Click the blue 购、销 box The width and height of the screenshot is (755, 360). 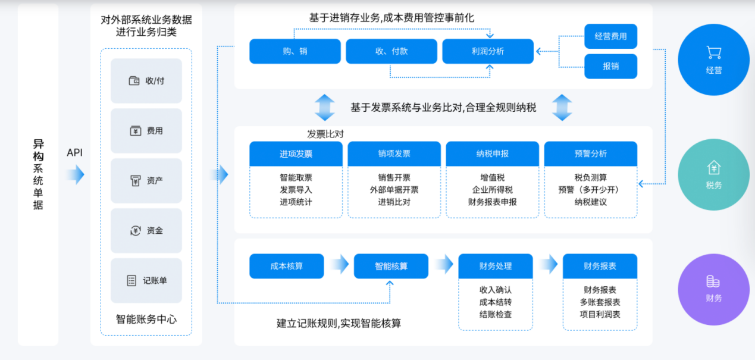coord(295,51)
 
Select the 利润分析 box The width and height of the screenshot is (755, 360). coord(488,51)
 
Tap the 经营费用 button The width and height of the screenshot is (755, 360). coord(611,36)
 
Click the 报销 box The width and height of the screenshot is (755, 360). coord(611,66)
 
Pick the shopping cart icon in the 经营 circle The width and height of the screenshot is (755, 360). coord(714,52)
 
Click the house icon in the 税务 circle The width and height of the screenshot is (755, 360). coord(714,168)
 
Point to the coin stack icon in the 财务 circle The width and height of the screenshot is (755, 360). coord(713,281)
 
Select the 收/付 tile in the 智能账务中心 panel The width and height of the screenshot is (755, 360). coord(146,80)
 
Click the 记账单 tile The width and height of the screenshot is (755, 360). coord(146,280)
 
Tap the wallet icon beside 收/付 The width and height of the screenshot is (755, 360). coord(134,80)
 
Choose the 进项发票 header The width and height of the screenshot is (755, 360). coord(296,154)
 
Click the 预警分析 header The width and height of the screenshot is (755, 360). coord(591,154)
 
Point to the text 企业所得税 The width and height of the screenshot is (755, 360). coord(493,190)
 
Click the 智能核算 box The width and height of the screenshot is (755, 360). coord(391,266)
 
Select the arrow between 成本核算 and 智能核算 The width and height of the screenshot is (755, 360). coord(339,264)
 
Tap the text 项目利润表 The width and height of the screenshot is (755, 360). coord(600,314)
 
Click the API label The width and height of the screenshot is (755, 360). coord(74,153)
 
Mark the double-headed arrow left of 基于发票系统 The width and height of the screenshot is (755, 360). coord(325,108)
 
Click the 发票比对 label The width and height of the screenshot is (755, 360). coord(325,134)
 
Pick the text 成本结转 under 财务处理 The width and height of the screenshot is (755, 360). coord(496,302)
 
